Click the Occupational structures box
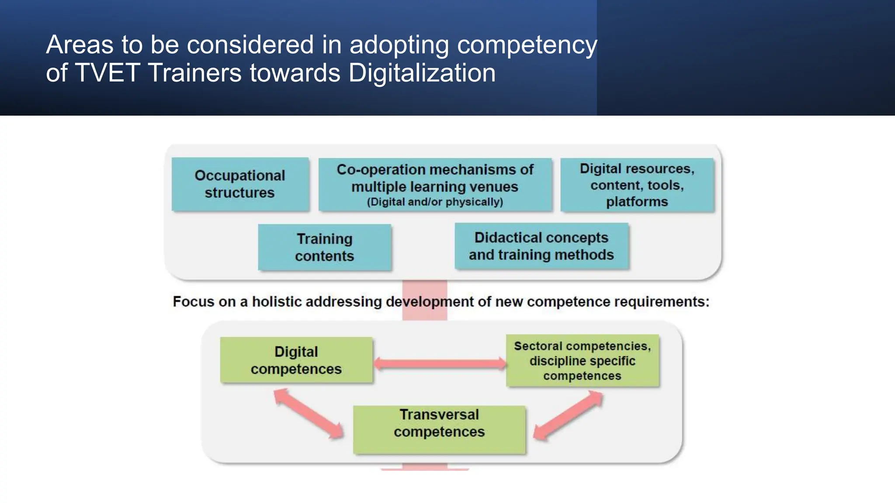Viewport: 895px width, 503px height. click(240, 184)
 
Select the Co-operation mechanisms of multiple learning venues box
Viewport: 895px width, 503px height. click(435, 185)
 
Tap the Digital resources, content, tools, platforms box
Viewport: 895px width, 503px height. click(637, 185)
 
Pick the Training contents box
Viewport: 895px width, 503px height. click(324, 247)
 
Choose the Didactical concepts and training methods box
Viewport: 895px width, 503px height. click(541, 246)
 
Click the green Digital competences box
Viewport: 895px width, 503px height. click(296, 360)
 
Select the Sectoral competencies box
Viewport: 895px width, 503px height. click(582, 361)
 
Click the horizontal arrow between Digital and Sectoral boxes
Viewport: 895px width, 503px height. click(440, 363)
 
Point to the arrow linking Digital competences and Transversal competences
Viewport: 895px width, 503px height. click(309, 413)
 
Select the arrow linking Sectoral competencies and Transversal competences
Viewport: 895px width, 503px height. click(568, 415)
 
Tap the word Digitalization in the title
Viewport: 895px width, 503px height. click(422, 72)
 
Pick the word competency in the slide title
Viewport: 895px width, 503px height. click(527, 45)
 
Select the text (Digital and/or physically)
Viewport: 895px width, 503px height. click(435, 202)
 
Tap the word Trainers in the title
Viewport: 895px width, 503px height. click(195, 72)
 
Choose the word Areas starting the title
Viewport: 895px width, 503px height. click(80, 45)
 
